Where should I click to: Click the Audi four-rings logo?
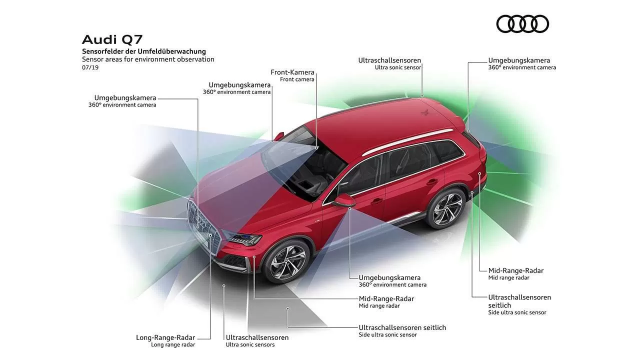coord(522,24)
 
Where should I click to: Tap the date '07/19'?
coord(90,67)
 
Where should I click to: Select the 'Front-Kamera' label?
coord(292,72)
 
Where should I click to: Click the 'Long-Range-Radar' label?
coord(165,337)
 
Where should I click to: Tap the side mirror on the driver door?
coord(344,200)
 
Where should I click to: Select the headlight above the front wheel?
coord(243,238)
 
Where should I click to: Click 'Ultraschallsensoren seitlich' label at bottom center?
coord(402,327)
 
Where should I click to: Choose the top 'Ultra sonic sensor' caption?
coord(398,67)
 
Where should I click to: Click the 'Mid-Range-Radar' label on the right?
coord(516,270)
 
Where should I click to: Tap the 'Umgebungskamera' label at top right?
coord(519,60)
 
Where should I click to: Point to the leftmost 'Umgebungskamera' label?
coord(125,97)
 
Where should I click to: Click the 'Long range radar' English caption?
coord(173,344)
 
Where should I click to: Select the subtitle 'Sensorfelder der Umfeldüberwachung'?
coord(144,51)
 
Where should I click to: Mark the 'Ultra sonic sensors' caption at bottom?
coord(250,344)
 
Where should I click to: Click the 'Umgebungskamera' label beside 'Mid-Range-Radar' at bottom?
coord(389,277)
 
